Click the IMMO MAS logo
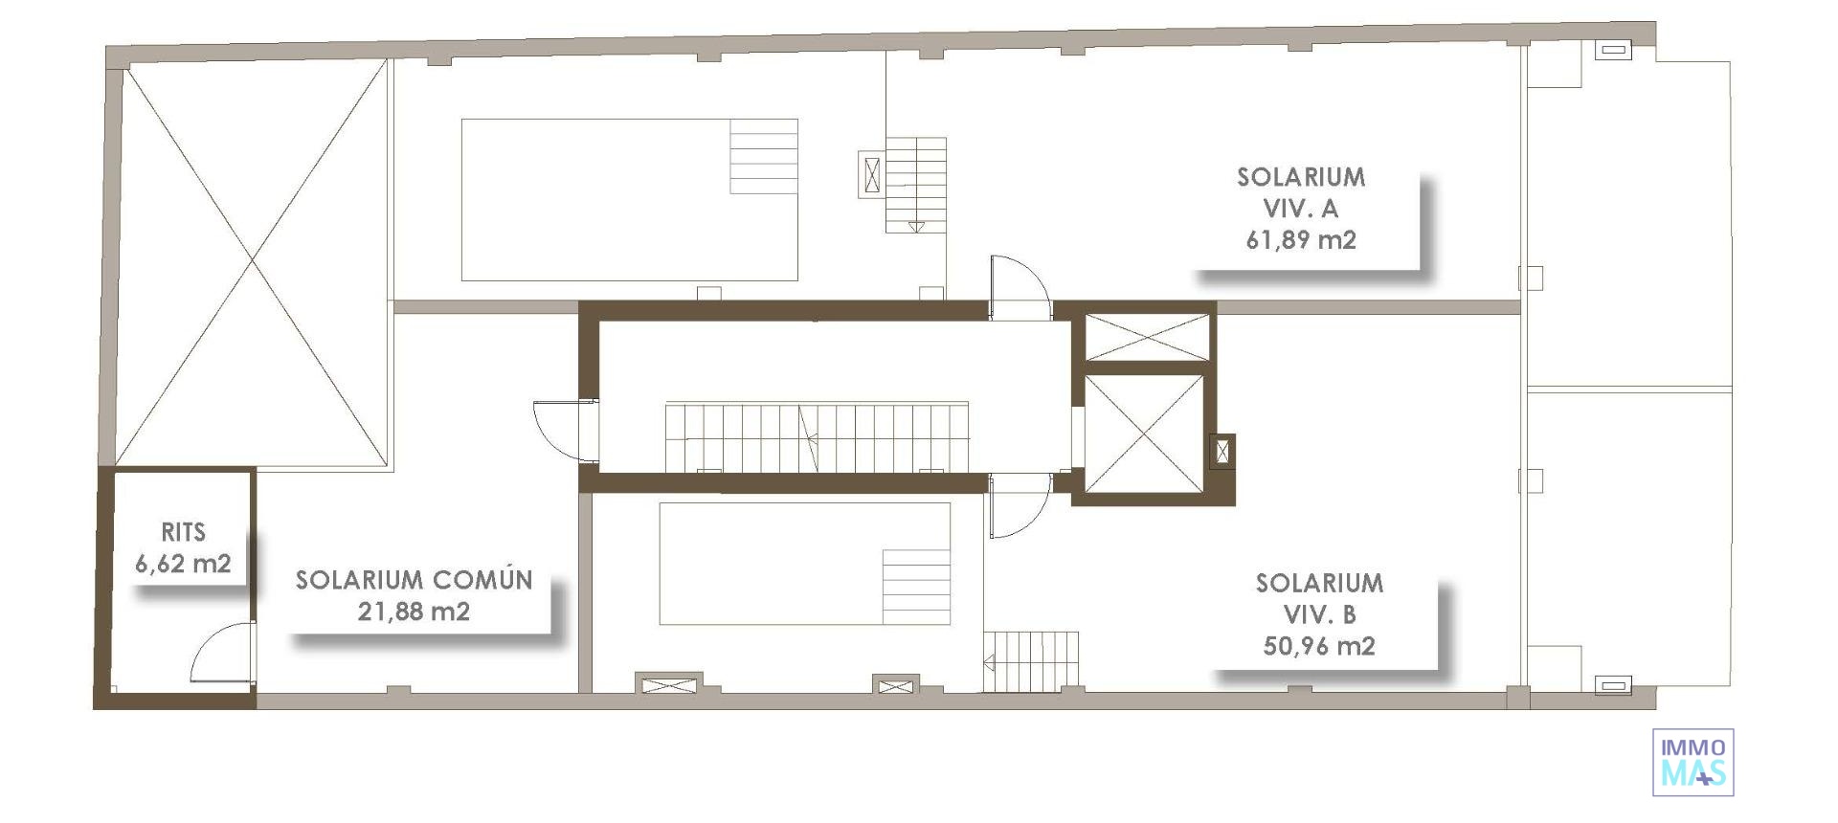point(1692,762)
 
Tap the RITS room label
point(183,532)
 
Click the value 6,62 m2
point(183,564)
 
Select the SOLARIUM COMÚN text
point(414,580)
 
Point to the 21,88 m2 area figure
point(414,612)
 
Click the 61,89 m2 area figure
point(1300,239)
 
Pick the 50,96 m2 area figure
point(1319,646)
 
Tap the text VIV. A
point(1300,208)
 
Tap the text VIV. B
point(1319,614)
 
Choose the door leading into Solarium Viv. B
point(1018,507)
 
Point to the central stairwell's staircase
point(817,437)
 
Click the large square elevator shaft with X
point(1143,434)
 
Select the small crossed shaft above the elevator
point(1147,336)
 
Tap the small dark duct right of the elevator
point(1222,451)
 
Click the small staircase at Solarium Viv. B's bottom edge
point(1031,659)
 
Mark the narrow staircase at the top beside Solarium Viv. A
point(916,185)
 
